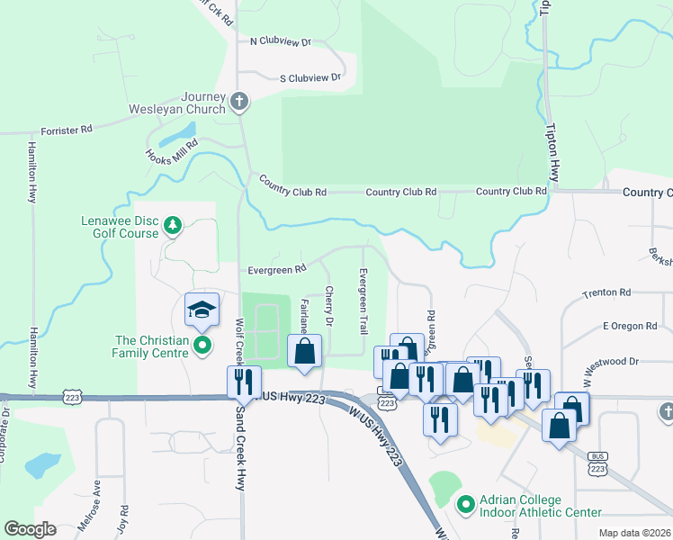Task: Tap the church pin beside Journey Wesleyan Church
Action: pos(239,102)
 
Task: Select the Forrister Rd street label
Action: pos(67,130)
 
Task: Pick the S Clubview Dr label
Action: pos(310,78)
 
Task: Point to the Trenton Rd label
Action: pos(606,293)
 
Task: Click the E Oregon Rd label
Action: pos(630,326)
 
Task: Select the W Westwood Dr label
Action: pos(607,362)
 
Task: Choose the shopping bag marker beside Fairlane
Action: pos(304,350)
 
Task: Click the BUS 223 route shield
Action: pos(597,463)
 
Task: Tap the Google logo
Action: pos(30,529)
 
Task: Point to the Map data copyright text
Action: pos(633,533)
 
